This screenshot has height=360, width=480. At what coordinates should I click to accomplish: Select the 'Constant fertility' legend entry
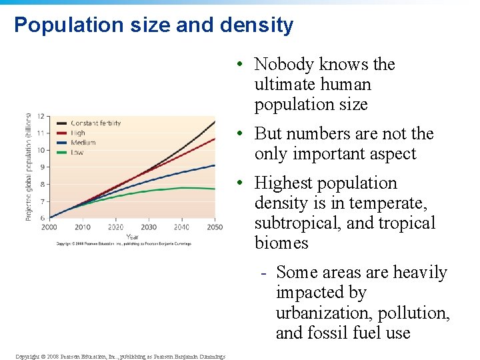pos(95,123)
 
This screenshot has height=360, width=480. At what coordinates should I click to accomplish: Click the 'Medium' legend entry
pos(83,142)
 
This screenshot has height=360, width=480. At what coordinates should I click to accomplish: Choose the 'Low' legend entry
pos(77,151)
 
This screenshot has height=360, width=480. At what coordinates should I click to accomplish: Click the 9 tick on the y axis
pos(41,167)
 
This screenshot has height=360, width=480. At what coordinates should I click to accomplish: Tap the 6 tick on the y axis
pos(41,218)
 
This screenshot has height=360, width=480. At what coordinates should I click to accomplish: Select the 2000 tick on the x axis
pos(49,227)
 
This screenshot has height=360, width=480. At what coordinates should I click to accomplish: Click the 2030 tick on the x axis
pos(148,227)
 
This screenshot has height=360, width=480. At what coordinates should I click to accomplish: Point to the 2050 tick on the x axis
pos(214,227)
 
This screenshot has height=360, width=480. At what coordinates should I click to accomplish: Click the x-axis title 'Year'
pos(132,236)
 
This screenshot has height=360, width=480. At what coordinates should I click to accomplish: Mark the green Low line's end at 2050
pos(214,189)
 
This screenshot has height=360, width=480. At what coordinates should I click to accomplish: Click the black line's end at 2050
pos(214,121)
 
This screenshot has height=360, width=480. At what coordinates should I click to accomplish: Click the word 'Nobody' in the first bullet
pos(284,65)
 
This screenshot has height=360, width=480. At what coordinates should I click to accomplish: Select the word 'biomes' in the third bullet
pos(281,243)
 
